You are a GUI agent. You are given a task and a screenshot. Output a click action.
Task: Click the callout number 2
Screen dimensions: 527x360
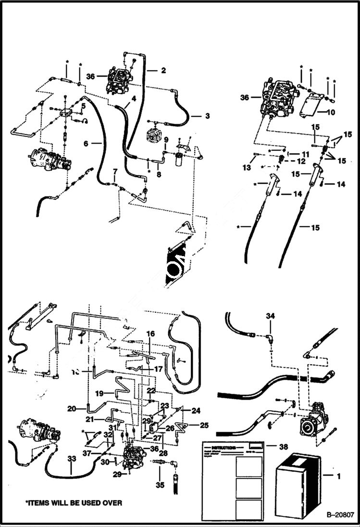point(163,71)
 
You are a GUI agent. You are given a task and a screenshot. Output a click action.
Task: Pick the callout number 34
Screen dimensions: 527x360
point(271,315)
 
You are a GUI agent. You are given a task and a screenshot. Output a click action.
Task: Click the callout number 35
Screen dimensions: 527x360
point(160,485)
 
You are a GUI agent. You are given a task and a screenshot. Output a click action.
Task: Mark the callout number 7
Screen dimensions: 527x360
point(115,172)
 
